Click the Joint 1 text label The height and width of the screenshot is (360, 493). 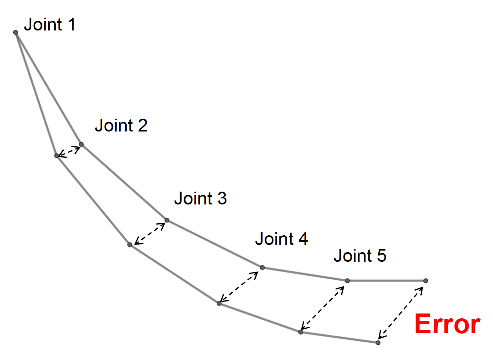50,25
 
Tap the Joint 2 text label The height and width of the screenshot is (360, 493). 121,125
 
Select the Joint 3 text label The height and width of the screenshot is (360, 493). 200,198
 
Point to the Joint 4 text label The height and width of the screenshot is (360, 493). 281,239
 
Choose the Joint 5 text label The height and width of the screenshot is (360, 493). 360,255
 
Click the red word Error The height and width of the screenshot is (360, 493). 447,324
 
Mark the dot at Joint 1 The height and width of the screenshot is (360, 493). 16,32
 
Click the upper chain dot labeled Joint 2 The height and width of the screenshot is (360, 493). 81,144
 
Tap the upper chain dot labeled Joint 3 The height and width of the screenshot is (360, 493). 167,220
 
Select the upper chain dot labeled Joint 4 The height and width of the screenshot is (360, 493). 262,267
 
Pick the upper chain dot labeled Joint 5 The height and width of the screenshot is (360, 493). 347,281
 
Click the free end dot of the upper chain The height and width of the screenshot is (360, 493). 425,281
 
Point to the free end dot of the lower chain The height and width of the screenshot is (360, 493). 378,343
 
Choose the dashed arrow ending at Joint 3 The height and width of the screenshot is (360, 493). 149,233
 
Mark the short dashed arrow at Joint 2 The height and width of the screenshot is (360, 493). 69,150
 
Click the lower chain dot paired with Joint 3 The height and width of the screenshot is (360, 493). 130,245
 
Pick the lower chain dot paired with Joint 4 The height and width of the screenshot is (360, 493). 219,303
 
